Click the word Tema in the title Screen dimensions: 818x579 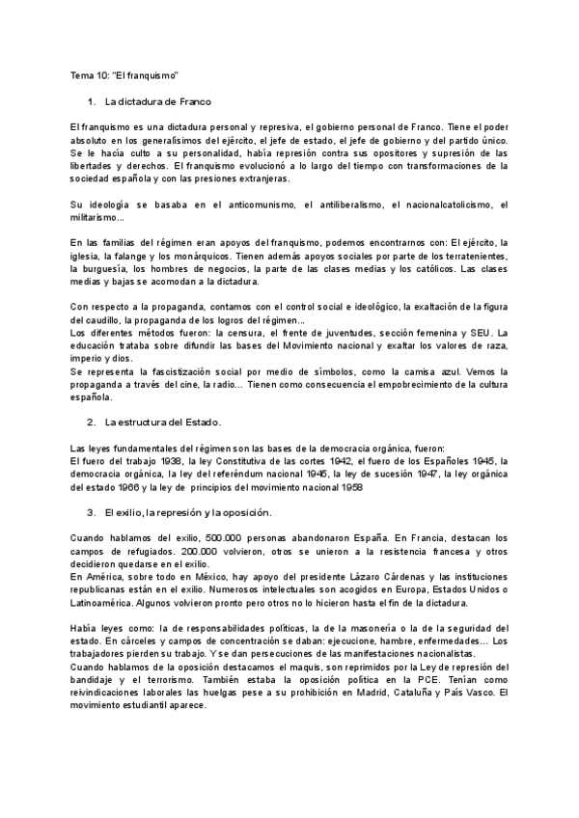click(82, 75)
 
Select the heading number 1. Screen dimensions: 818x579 click(90, 101)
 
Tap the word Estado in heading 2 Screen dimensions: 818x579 click(201, 422)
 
